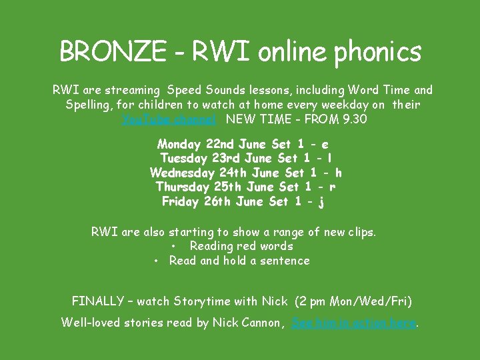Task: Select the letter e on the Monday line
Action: click(x=325, y=144)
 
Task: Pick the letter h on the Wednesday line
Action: click(x=338, y=173)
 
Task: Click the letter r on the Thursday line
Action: click(x=332, y=187)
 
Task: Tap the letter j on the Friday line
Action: click(x=321, y=202)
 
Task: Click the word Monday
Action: click(x=180, y=144)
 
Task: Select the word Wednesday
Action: click(x=182, y=173)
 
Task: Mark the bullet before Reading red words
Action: click(x=173, y=247)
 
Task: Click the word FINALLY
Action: click(x=99, y=301)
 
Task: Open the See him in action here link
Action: click(x=353, y=323)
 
